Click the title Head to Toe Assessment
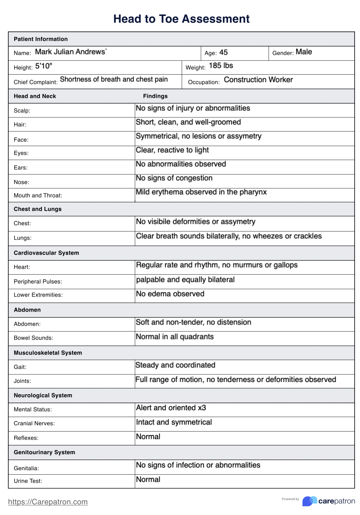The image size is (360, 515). pos(181,19)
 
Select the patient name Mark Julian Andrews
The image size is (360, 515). pos(71,52)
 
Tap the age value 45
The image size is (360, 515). pos(224,52)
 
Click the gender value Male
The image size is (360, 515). pos(304,52)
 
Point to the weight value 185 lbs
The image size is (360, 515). pos(221,66)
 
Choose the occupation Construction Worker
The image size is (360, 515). pos(258,80)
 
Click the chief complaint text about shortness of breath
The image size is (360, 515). pos(114,79)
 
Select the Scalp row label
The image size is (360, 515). pos(22,111)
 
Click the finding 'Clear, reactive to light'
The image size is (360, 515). pos(172,150)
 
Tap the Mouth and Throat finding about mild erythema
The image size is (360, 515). pos(201,192)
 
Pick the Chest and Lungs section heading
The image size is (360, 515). pos(37,209)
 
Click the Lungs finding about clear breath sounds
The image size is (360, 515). pos(229,236)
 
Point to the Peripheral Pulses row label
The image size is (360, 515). pos(38,281)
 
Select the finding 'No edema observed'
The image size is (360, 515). pos(170,294)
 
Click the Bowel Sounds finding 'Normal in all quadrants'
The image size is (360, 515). pos(175,337)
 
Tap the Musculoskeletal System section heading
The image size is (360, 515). pos(48,353)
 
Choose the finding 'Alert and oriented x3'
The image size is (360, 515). pos(171,408)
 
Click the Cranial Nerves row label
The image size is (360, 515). pos(34,424)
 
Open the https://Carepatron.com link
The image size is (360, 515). pos(48,502)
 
